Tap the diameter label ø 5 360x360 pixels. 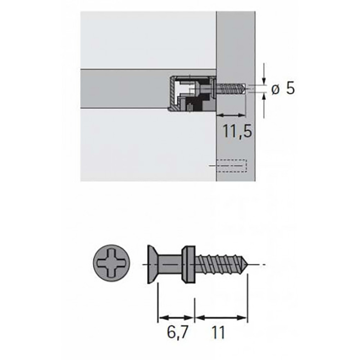[x=283, y=89]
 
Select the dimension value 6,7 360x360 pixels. [x=177, y=333]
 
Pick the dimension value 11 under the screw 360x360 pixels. [x=219, y=333]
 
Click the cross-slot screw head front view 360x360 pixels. [x=112, y=263]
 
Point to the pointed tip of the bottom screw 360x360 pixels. [x=248, y=265]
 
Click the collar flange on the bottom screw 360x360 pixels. [x=189, y=265]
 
